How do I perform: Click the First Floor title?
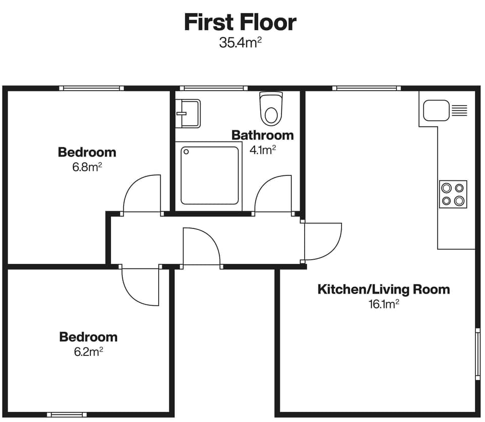pos(240,23)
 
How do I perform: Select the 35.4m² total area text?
pos(240,42)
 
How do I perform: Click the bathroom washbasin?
pos(188,113)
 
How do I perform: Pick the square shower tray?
pos(210,175)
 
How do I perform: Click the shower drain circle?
pos(185,151)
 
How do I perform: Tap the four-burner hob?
pos(453,194)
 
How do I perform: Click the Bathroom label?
pos(262,135)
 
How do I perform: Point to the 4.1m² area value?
pos(263,150)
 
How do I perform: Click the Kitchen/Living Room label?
pos(383,289)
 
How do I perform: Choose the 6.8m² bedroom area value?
pos(87,167)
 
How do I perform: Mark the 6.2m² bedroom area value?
pos(88,352)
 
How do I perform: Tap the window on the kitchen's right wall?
pos(477,354)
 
